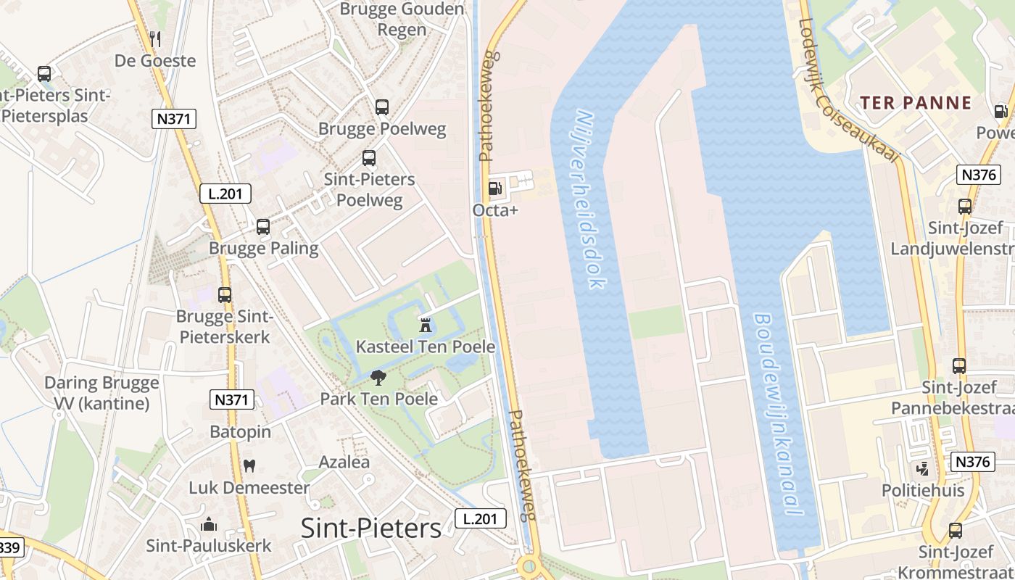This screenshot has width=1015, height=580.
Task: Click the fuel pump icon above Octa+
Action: point(495,188)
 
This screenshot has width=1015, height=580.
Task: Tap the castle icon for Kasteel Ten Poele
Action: point(426,324)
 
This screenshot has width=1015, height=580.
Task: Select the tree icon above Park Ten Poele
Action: point(378,377)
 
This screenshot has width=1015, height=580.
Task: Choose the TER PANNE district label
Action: point(916,103)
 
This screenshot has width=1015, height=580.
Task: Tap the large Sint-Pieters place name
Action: point(370,529)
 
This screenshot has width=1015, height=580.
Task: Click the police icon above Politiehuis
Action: point(922,469)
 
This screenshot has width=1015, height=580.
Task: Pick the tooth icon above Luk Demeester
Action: point(249,465)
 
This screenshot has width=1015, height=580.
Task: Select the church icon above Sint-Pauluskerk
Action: point(209,523)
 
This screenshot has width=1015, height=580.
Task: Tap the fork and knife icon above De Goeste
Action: point(154,38)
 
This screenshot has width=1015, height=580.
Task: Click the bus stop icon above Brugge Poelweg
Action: point(382,107)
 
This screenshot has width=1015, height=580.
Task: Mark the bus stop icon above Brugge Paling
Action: point(263,227)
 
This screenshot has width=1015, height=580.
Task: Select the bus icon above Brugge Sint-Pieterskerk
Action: point(225,295)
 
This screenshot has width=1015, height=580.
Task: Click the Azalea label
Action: point(344,462)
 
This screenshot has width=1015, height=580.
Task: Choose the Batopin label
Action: point(240,432)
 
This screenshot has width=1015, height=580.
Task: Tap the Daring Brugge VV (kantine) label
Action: point(101,393)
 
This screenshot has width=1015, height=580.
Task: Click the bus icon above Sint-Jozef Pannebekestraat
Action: point(959,366)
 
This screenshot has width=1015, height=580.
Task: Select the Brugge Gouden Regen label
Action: point(402,19)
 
